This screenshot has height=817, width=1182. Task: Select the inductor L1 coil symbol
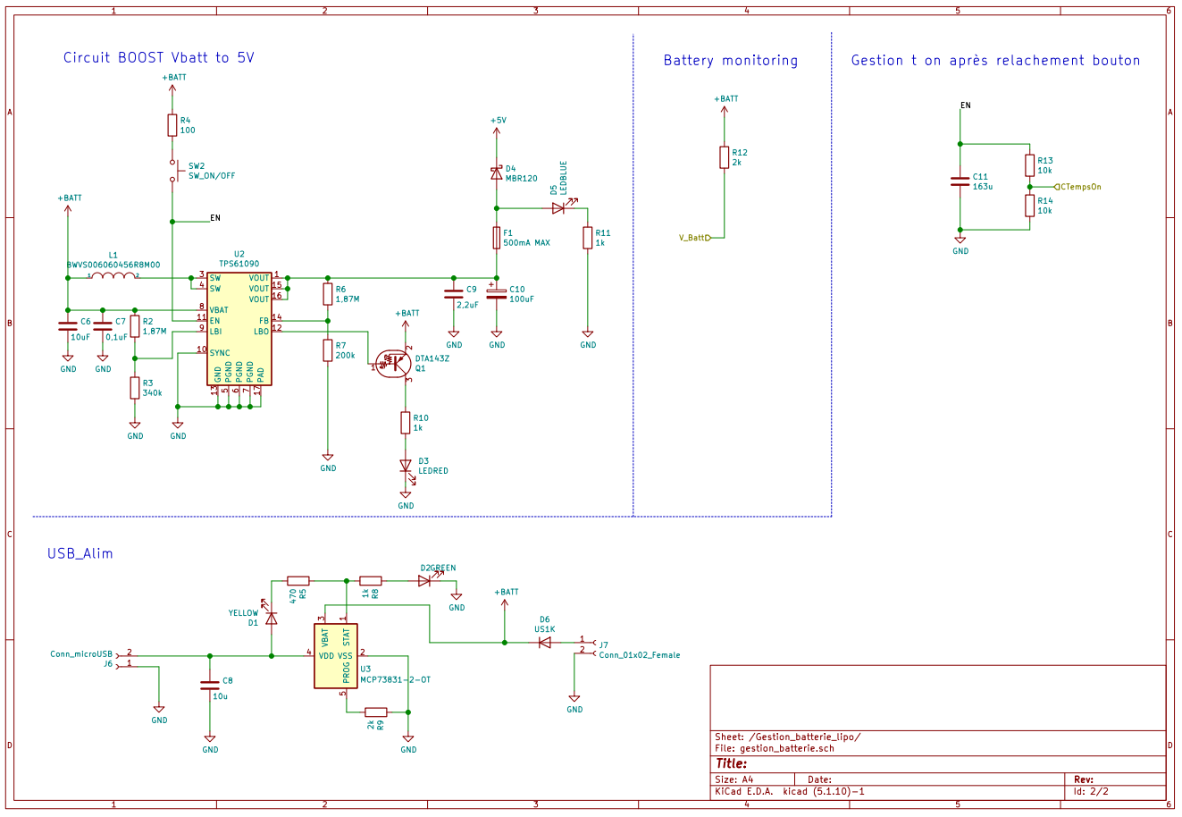click(x=113, y=276)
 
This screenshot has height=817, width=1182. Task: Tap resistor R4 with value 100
click(x=172, y=125)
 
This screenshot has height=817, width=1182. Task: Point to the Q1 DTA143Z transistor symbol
click(x=394, y=363)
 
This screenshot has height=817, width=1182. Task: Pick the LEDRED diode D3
click(x=406, y=466)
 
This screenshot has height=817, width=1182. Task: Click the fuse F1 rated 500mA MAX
click(x=497, y=238)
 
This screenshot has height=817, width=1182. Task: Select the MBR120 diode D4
click(x=497, y=173)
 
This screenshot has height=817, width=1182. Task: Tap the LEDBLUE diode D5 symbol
click(x=558, y=208)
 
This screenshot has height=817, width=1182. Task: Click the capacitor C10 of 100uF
click(x=497, y=294)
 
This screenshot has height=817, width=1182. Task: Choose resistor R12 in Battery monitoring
click(x=725, y=157)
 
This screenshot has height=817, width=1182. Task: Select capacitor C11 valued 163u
click(x=960, y=181)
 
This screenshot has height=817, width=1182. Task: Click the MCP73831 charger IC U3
click(x=336, y=656)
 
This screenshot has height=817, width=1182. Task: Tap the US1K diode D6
click(x=544, y=642)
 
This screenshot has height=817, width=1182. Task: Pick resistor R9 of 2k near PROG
click(x=376, y=712)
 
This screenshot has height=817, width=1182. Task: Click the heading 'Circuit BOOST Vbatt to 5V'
click(x=158, y=57)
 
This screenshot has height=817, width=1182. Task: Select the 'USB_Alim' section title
click(x=80, y=553)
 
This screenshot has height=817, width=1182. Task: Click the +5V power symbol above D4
click(x=498, y=121)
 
